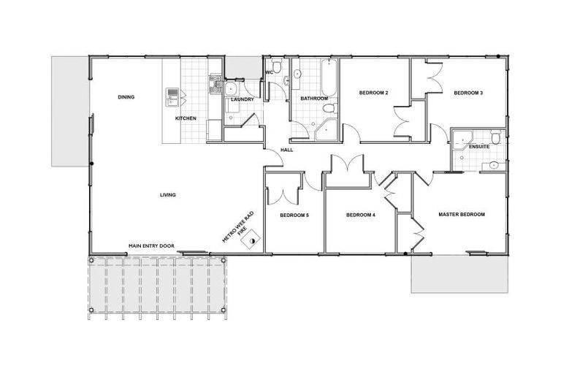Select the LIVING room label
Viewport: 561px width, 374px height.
click(x=169, y=194)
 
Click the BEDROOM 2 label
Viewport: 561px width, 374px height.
click(x=373, y=93)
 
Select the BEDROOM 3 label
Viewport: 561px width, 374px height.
click(x=468, y=93)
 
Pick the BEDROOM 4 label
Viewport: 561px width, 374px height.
click(x=360, y=215)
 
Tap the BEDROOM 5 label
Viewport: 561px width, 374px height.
click(x=294, y=215)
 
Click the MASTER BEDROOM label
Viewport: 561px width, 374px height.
click(x=461, y=215)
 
